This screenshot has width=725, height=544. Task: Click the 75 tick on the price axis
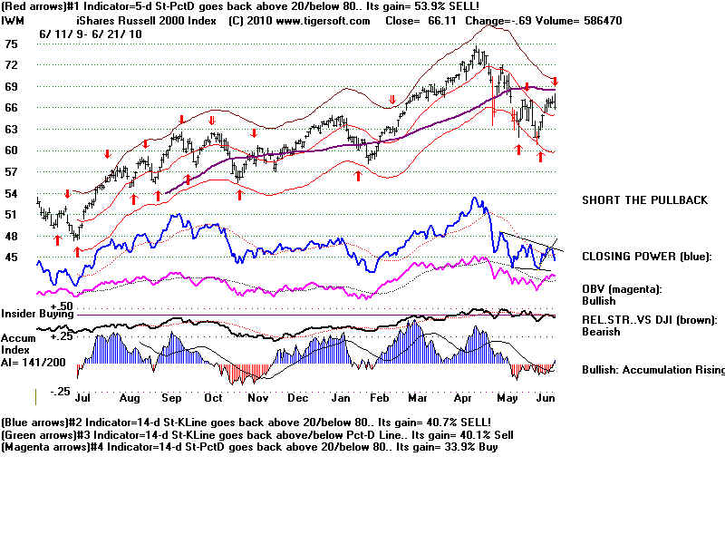coord(12,44)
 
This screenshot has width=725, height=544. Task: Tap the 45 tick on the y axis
coord(12,257)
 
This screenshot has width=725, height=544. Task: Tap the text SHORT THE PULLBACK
coord(644,200)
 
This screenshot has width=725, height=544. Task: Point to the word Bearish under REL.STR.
coord(602,332)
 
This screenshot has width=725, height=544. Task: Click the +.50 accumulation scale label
coord(62,306)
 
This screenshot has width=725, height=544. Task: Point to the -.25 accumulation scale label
coord(60,391)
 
